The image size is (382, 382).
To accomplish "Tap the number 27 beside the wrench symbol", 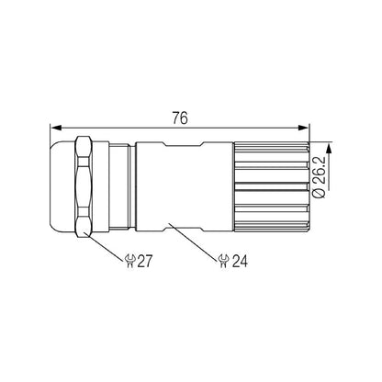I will click(x=144, y=262).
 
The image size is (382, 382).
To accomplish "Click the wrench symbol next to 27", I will click(x=129, y=262).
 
